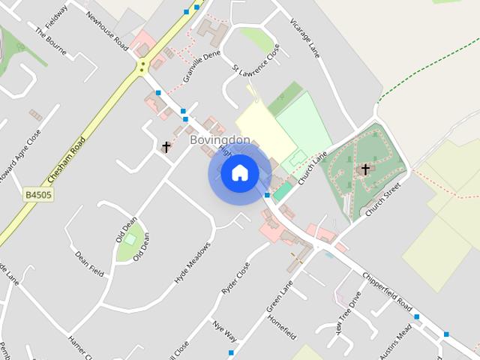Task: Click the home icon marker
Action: [239, 173]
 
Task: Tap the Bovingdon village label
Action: [220, 140]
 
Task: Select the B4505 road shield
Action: [36, 195]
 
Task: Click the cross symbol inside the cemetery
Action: [365, 169]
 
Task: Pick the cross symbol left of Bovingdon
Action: [166, 147]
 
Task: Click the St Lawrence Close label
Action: [256, 59]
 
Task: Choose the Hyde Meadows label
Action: [193, 262]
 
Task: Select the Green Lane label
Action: [279, 296]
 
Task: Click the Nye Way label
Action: [224, 330]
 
